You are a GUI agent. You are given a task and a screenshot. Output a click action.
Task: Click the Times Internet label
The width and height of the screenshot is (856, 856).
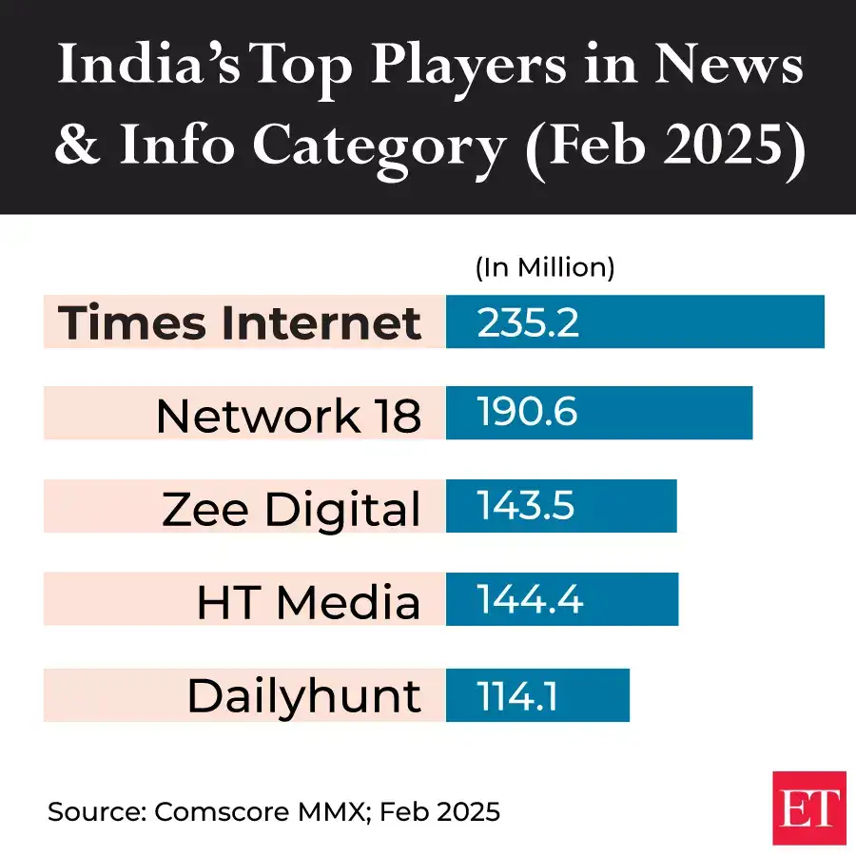coord(240,322)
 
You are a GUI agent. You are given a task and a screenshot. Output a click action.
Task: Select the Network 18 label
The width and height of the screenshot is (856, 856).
coord(288,415)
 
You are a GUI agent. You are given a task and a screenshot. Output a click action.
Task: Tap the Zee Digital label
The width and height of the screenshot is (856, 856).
coord(291,508)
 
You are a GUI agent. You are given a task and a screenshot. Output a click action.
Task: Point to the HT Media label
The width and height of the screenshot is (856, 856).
coord(308,601)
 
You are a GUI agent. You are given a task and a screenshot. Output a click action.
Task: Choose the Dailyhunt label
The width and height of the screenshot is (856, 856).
coord(303,695)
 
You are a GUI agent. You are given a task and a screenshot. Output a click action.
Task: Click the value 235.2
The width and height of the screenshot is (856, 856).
coord(528,322)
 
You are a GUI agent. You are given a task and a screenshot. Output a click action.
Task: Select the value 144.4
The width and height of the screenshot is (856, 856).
coord(529,600)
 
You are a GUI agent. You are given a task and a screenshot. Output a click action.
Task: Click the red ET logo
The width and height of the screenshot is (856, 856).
coord(808,807)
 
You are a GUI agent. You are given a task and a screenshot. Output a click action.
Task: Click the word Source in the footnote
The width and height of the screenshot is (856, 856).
coord(93,812)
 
